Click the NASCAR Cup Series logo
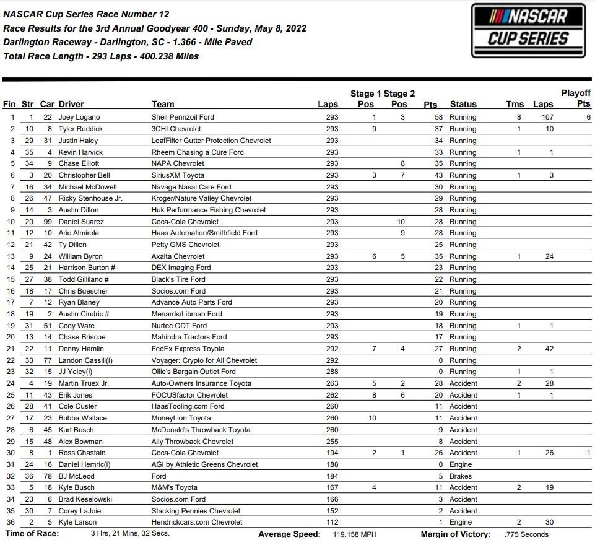[528, 30]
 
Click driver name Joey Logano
[79, 117]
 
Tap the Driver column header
[71, 104]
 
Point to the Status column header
[463, 104]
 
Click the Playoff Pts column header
[576, 98]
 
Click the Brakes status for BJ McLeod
[461, 476]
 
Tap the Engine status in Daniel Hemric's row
[461, 464]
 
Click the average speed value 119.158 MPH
[349, 534]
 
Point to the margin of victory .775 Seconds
[526, 534]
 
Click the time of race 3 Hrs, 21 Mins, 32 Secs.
[130, 534]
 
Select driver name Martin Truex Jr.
[84, 383]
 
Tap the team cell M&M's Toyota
[175, 487]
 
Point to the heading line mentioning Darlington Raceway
[128, 42]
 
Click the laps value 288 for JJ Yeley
[332, 372]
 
